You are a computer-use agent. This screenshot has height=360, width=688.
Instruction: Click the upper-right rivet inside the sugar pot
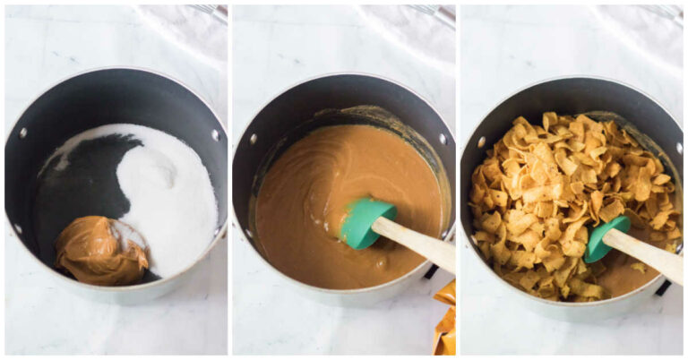(x=215, y=135)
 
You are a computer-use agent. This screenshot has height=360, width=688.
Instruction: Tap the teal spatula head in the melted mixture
(x=366, y=223)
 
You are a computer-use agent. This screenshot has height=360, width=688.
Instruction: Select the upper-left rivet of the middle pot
(x=254, y=139)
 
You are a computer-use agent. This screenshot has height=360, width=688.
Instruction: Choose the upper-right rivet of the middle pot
(x=442, y=139)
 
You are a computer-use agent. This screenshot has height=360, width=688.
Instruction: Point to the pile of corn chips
(x=555, y=197)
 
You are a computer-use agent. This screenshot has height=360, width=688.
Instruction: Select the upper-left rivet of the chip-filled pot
(x=481, y=141)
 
